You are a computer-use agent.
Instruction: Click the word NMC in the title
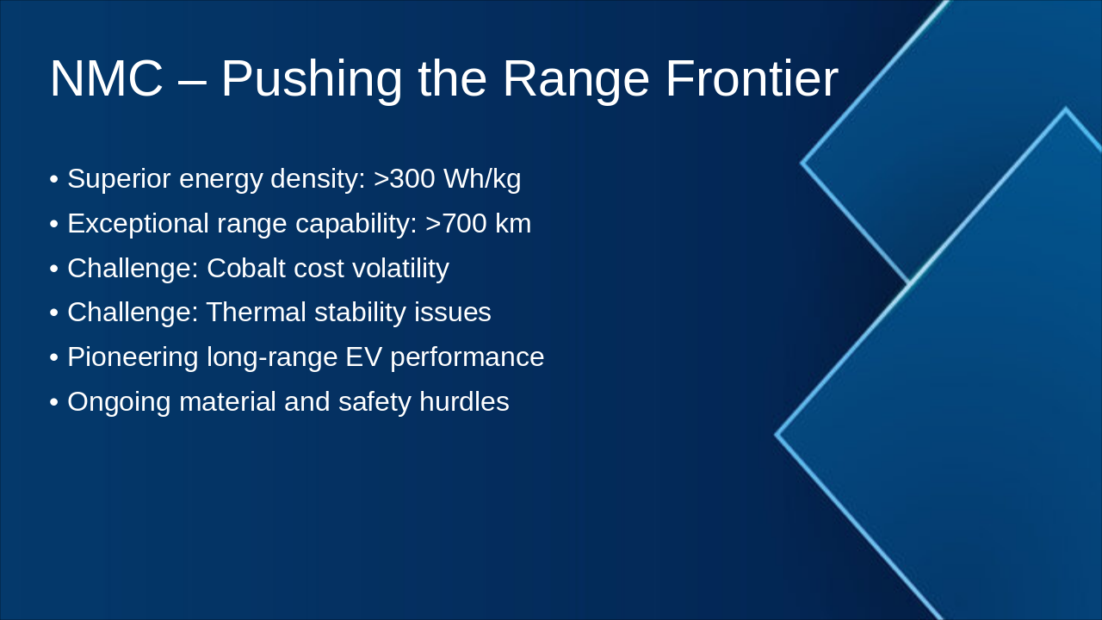pyautogui.click(x=106, y=78)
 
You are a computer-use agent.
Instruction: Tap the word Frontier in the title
pyautogui.click(x=752, y=78)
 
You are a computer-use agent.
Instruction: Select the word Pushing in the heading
pyautogui.click(x=312, y=81)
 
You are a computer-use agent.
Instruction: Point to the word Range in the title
pyautogui.click(x=576, y=81)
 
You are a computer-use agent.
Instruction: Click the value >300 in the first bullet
pyautogui.click(x=404, y=178)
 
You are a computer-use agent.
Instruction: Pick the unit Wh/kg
pyautogui.click(x=482, y=179)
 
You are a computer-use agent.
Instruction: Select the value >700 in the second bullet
pyautogui.click(x=456, y=223)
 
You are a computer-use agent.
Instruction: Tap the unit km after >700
pyautogui.click(x=513, y=223)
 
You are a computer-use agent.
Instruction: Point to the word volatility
pyautogui.click(x=400, y=270)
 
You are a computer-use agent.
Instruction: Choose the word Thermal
pyautogui.click(x=257, y=313)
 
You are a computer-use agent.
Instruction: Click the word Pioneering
pyautogui.click(x=133, y=357)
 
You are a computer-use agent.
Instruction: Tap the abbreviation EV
pyautogui.click(x=363, y=357)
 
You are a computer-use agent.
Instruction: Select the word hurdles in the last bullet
pyautogui.click(x=464, y=402)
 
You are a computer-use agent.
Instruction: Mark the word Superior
pyautogui.click(x=119, y=179)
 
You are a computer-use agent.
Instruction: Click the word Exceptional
pyautogui.click(x=139, y=225)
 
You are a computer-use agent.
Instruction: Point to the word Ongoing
pyautogui.click(x=119, y=403)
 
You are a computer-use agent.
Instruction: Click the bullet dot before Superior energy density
pyautogui.click(x=54, y=180)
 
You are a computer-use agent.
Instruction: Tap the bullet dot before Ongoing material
pyautogui.click(x=54, y=402)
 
